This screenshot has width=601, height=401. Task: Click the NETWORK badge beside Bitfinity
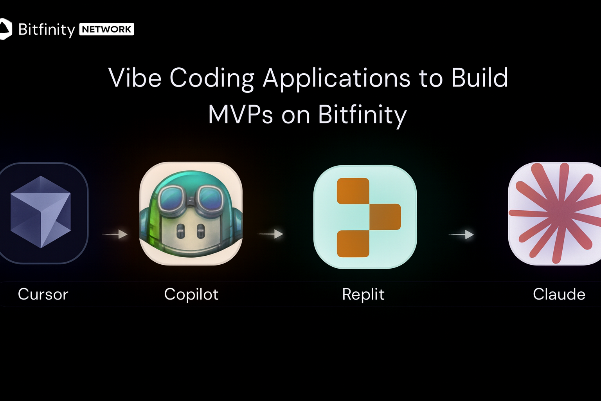[x=106, y=29]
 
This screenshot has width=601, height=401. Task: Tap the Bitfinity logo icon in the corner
[x=5, y=29]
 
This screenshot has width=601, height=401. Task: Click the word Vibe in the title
[x=135, y=78]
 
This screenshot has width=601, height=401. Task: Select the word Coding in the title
[x=212, y=79]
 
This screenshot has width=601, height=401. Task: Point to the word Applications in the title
[x=336, y=79]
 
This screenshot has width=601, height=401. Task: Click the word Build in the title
[x=479, y=78]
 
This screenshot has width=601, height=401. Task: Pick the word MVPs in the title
[x=240, y=114]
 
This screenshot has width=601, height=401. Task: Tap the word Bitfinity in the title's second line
[x=362, y=116]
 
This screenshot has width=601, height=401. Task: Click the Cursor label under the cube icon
[x=43, y=294]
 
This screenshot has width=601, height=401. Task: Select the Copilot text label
[x=191, y=294]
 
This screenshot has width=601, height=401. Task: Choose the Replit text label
[x=363, y=294]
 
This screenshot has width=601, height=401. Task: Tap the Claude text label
[x=559, y=294]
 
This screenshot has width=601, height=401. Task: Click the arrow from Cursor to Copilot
[x=115, y=234]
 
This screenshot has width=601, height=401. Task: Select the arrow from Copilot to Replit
[x=270, y=234]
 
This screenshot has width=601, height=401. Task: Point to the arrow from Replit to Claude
[x=461, y=235]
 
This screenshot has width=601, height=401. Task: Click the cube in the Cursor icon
[x=41, y=212]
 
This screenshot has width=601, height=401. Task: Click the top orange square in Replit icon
[x=353, y=191]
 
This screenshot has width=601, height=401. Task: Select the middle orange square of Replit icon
[x=385, y=217]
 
